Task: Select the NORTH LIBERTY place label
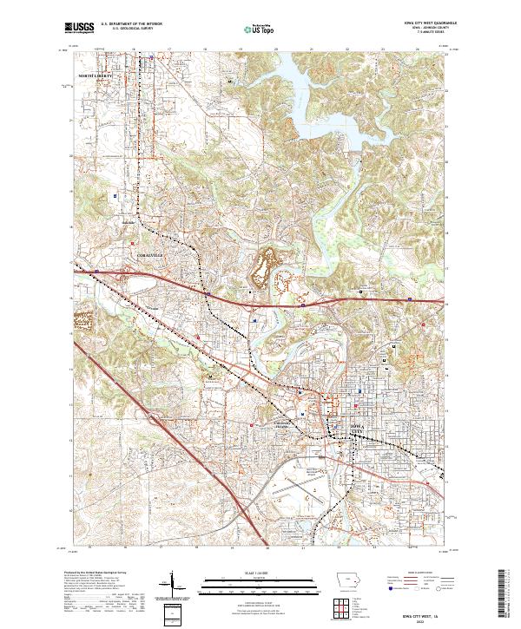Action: (x=96, y=77)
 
